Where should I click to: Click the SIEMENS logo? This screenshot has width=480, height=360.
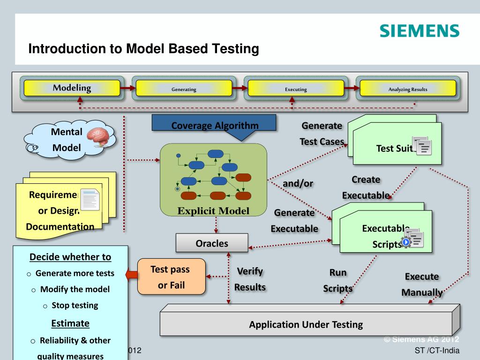tap(419, 31)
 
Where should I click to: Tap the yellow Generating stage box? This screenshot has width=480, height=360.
tap(184, 89)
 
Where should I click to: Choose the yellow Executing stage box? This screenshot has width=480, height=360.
tap(296, 89)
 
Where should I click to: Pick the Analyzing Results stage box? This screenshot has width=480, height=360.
tap(408, 89)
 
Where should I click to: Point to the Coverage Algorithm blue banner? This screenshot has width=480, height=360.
tap(214, 126)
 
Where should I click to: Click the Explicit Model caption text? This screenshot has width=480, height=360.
tap(213, 210)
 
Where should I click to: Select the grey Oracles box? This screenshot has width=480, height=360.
tap(212, 243)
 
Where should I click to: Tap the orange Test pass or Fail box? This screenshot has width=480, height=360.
tap(171, 277)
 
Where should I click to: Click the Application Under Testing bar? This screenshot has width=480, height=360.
tap(306, 324)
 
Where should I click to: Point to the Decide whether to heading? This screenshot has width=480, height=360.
tap(70, 257)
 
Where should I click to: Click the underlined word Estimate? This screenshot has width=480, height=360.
tap(70, 323)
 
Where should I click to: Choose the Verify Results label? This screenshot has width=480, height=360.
tap(250, 279)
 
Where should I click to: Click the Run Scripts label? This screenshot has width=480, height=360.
tap(337, 280)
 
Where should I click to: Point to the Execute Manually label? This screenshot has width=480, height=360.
tap(422, 285)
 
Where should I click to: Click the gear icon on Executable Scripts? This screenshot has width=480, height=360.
tap(406, 242)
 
